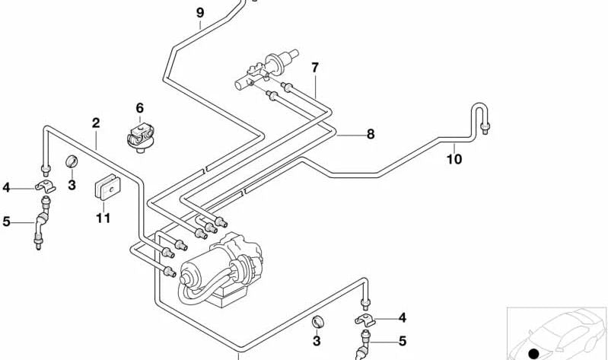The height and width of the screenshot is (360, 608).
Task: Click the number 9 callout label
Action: (x=199, y=13)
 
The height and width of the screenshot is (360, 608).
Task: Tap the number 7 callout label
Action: (x=314, y=68)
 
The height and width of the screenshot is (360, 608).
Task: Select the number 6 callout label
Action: (x=139, y=108)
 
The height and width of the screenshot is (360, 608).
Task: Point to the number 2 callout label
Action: (x=96, y=123)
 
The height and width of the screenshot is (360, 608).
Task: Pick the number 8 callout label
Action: (x=371, y=135)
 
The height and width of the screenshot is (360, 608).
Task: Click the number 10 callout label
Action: (x=454, y=159)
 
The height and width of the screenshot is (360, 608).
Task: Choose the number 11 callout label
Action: (x=103, y=218)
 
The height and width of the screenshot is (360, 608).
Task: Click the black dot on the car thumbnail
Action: (x=533, y=353)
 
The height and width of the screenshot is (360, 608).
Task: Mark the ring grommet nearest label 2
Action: (x=72, y=161)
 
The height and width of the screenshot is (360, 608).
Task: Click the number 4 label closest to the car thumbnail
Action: (x=403, y=317)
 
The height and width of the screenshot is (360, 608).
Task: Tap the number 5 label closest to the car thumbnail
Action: (x=403, y=341)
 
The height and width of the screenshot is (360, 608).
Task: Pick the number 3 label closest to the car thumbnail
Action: (x=317, y=342)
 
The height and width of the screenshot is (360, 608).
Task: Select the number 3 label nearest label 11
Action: (x=72, y=184)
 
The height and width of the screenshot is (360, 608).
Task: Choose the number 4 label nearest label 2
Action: (x=7, y=187)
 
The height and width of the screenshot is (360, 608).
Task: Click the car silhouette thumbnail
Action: (x=556, y=332)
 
